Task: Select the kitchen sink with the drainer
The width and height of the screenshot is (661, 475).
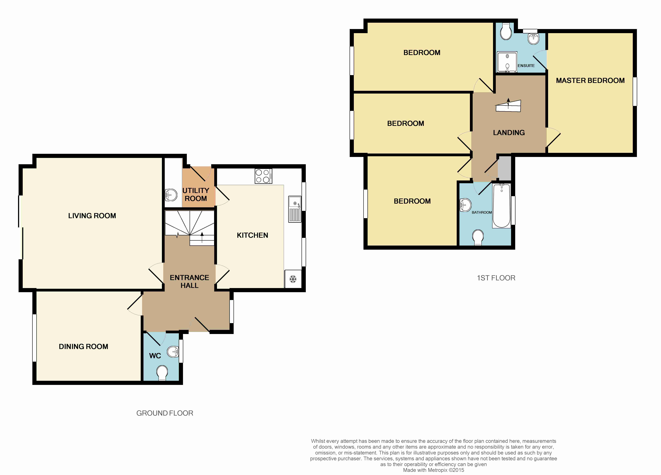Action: (295, 209)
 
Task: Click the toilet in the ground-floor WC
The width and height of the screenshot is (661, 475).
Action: (162, 373)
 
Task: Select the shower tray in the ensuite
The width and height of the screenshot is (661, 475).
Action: (507, 62)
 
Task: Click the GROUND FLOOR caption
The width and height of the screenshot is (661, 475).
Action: (165, 413)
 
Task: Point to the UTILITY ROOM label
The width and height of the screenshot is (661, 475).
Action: (196, 194)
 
